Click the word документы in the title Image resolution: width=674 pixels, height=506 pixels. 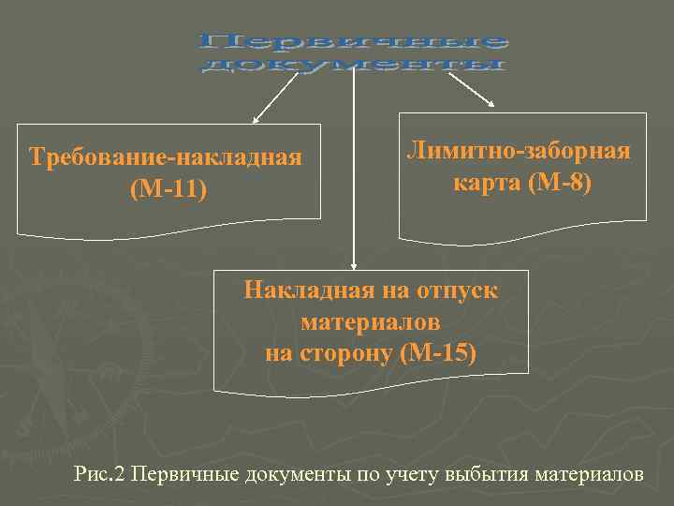pos(354,66)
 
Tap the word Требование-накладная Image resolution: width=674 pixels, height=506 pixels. pos(166,156)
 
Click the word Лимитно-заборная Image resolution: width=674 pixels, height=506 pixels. pos(519,150)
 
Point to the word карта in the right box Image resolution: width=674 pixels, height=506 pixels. pos(487,182)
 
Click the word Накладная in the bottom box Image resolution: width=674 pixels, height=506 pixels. pos(300,290)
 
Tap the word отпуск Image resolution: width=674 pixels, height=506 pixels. pos(459,290)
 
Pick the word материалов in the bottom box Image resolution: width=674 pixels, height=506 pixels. pos(371,321)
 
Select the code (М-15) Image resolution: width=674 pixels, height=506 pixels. pos(438,353)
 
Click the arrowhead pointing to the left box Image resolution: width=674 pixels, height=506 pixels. pos(255,119)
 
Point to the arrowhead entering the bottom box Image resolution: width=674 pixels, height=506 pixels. pos(353,265)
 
